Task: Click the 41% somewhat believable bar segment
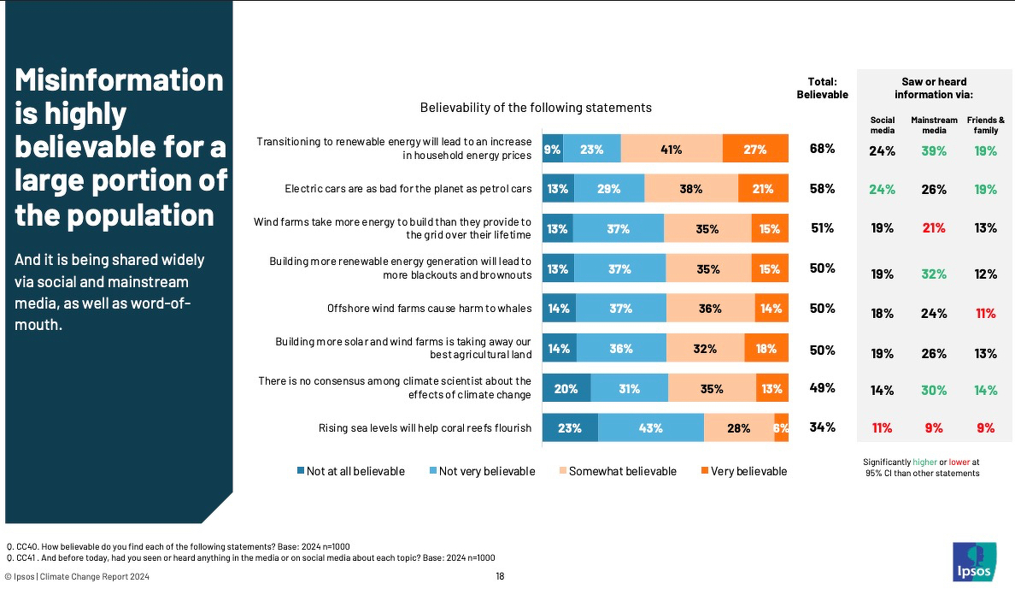tap(671, 150)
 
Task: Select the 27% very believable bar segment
tap(754, 150)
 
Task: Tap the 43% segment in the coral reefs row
tap(650, 428)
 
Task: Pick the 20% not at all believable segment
tap(565, 389)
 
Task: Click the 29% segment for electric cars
tap(609, 189)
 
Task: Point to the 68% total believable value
tap(822, 150)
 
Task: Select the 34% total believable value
tap(822, 427)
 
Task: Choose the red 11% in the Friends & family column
tap(986, 314)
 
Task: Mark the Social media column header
tap(883, 125)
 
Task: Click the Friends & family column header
tap(986, 125)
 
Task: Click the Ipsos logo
tap(973, 561)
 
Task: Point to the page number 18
tap(500, 576)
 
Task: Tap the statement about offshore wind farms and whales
tap(430, 309)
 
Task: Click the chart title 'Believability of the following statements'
tap(536, 108)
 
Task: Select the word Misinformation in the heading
tap(120, 81)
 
